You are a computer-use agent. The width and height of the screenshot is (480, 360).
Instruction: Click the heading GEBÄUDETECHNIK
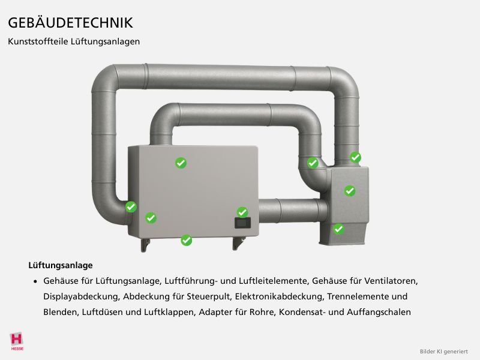70,22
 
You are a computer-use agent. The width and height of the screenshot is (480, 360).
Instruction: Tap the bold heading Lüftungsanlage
61,265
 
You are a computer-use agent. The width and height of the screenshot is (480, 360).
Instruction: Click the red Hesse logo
17,341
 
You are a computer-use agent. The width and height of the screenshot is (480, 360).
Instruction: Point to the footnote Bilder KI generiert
443,352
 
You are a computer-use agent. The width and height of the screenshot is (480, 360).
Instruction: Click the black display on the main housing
242,223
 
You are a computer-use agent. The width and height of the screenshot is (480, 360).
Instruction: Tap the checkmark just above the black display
242,212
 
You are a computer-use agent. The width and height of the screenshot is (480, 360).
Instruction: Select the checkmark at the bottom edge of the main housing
187,241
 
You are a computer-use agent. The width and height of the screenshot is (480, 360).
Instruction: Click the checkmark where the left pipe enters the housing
131,206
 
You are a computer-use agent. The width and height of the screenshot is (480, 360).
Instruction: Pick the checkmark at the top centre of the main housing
181,163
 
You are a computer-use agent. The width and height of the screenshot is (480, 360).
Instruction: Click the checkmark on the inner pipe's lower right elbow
313,163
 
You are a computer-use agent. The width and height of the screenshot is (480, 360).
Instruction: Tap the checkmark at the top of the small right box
355,157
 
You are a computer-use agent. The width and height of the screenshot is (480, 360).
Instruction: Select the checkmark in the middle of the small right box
350,191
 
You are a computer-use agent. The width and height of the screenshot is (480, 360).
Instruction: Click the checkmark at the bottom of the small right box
338,229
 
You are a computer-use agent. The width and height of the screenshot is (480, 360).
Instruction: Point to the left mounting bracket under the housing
145,245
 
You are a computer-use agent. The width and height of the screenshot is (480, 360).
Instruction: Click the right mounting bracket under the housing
238,243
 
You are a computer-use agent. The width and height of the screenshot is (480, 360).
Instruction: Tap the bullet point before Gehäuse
35,281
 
